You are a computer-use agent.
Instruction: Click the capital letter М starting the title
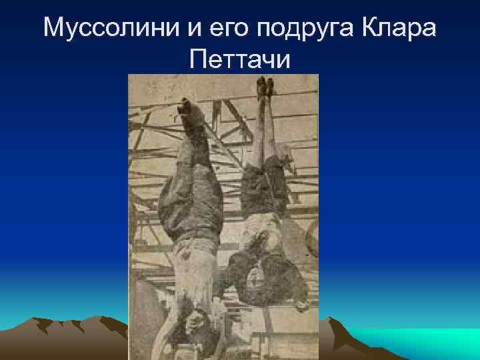(x=53, y=27)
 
